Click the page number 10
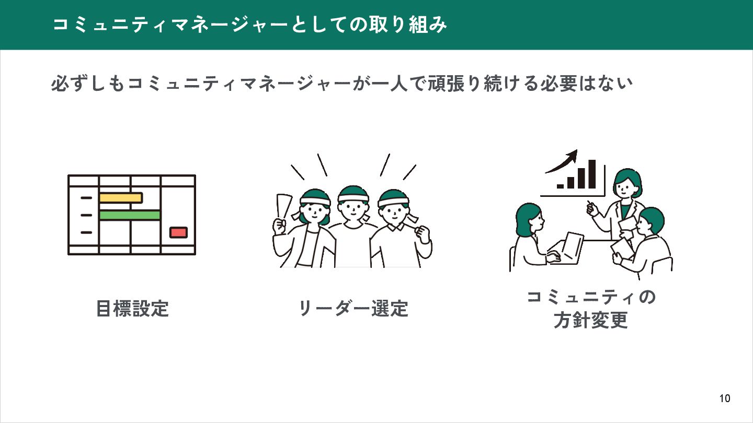pos(725,398)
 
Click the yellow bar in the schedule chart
pos(121,198)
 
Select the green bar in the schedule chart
pos(130,215)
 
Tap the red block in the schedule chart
pos(178,232)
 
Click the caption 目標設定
pos(132,309)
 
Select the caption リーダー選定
pos(353,309)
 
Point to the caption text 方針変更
pos(590,321)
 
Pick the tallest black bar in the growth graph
pos(592,174)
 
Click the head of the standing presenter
pos(626,183)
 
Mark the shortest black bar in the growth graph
pos(561,185)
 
